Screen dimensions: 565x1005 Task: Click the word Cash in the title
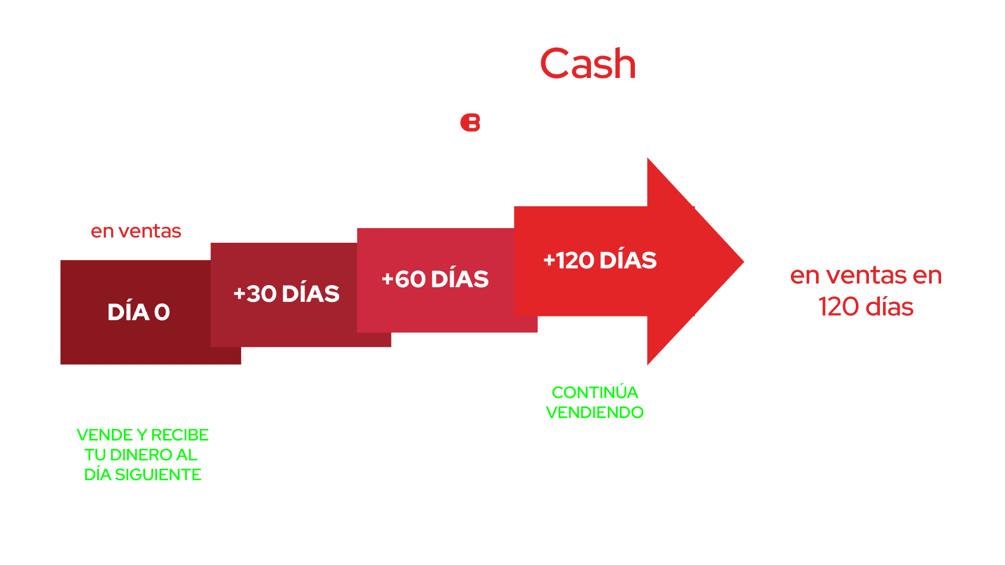(x=588, y=64)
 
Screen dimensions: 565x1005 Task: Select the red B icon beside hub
(x=470, y=122)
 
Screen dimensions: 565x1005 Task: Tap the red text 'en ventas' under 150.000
(x=136, y=231)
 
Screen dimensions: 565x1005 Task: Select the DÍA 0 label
(x=139, y=312)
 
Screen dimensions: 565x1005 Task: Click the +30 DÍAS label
(x=286, y=294)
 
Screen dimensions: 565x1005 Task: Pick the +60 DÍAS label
(x=435, y=279)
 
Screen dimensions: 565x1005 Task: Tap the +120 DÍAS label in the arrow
(x=600, y=261)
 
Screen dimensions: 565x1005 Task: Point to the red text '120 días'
(x=866, y=307)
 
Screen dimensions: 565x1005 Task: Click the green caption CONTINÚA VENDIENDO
(x=595, y=402)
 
